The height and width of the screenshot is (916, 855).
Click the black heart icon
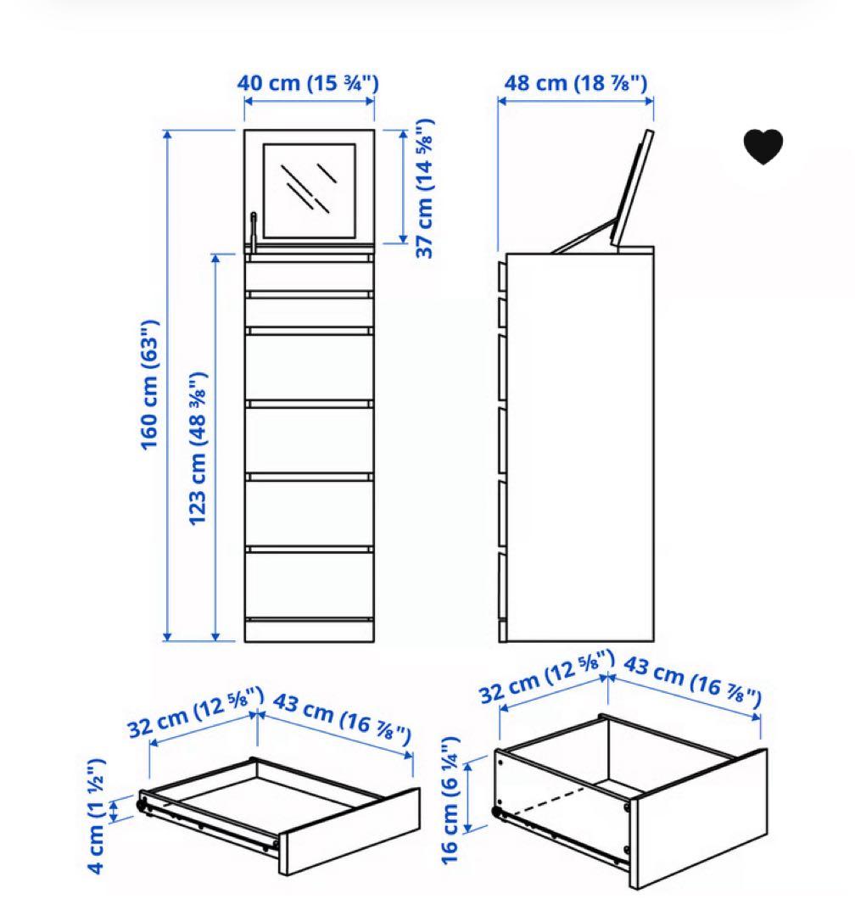763,147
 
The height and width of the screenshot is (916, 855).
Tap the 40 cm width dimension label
307,83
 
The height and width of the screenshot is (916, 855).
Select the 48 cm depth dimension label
575,83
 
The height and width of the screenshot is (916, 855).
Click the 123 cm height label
198,447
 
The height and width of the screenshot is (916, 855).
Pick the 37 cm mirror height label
424,187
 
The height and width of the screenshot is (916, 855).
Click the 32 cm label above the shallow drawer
196,715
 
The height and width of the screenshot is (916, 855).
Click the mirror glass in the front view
309,190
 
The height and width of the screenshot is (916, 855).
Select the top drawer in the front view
309,274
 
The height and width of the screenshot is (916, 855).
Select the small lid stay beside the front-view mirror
253,229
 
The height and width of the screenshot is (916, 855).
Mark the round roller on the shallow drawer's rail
142,804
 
